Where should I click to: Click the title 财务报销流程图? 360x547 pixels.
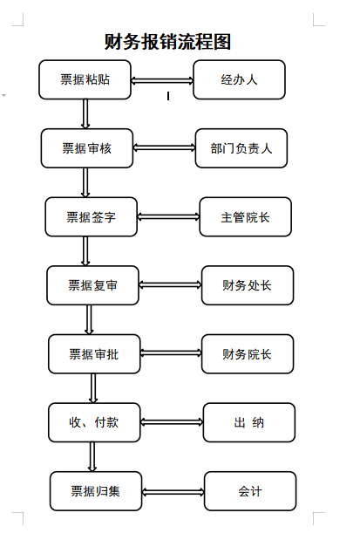coord(167,42)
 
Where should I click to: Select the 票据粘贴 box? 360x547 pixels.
coord(85,79)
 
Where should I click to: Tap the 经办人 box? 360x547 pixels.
coord(239,79)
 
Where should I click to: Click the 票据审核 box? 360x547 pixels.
coord(87,148)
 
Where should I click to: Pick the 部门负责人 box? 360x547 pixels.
coord(241,148)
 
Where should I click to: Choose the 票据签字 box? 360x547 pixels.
coord(92,217)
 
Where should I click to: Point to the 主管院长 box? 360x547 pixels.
coord(245,217)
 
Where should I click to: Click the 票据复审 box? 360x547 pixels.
coord(92,285)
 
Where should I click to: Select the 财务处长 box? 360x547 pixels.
coord(248,285)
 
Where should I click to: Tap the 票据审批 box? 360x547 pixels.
coord(94,354)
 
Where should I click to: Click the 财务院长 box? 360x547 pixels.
coord(248,354)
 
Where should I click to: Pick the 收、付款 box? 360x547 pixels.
coord(94,422)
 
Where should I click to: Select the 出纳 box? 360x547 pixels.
coord(249,422)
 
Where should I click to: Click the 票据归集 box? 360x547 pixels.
coord(96,491)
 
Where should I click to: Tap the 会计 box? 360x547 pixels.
coord(250,491)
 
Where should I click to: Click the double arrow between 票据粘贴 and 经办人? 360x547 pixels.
coord(162,80)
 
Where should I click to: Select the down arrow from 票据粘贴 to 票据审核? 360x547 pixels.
coord(85,113)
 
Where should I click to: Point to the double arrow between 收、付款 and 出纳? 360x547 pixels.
coord(172,422)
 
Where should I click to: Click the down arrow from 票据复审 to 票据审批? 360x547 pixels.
coord(89,319)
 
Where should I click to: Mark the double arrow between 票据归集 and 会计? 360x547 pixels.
coord(173,492)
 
